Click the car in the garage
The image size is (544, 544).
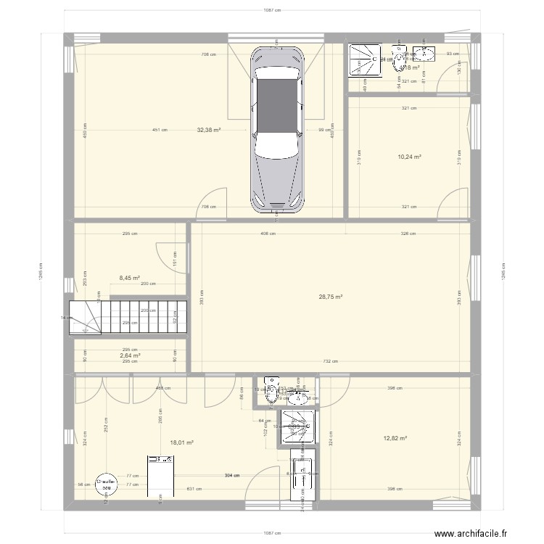pyautogui.click(x=276, y=128)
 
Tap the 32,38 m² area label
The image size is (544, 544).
pyautogui.click(x=209, y=131)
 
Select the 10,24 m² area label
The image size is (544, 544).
pyautogui.click(x=409, y=156)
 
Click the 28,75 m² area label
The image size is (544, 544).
pyautogui.click(x=330, y=296)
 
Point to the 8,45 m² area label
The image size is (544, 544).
pyautogui.click(x=130, y=277)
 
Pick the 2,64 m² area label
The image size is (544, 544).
pyautogui.click(x=130, y=355)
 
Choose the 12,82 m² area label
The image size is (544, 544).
pyautogui.click(x=395, y=438)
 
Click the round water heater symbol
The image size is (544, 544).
pyautogui.click(x=107, y=484)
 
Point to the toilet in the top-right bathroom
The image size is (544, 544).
pyautogui.click(x=398, y=59)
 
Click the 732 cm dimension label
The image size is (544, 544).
pyautogui.click(x=331, y=360)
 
